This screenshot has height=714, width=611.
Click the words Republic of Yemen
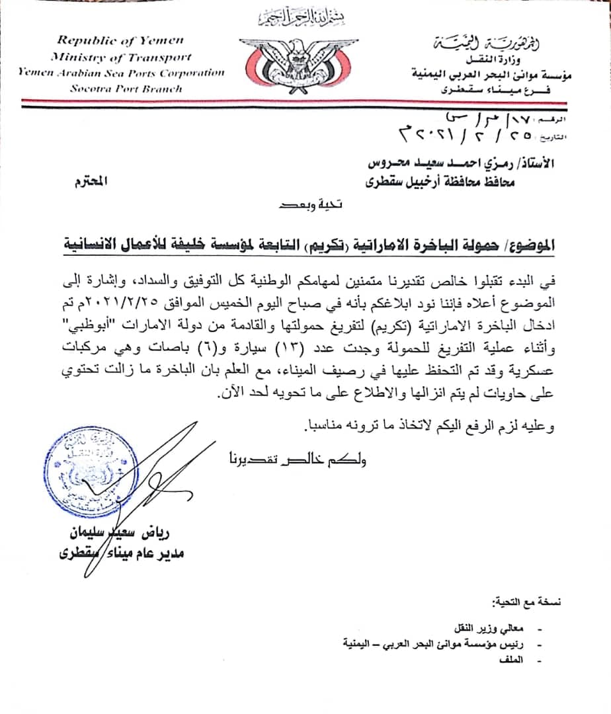[x=120, y=41]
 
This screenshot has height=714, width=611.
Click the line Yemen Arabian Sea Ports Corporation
[x=120, y=73]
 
